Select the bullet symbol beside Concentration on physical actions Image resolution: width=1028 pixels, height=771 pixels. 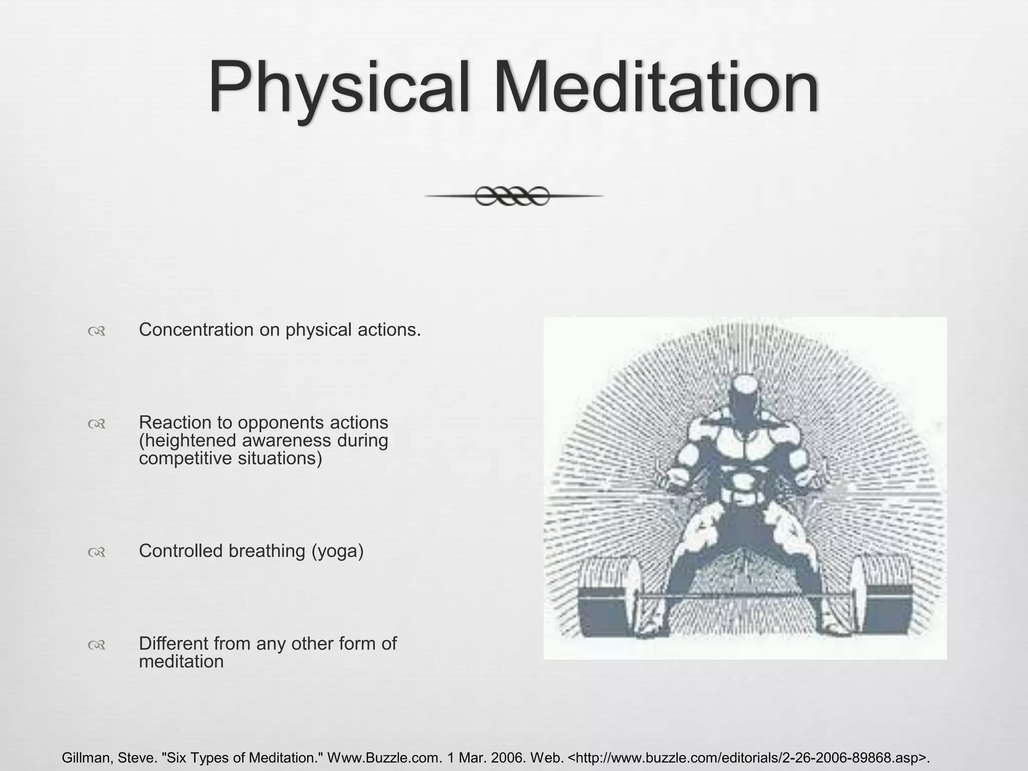coord(96,331)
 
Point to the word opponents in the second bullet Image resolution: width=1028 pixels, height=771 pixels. coord(281,423)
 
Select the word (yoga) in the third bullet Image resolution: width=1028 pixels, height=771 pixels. coord(337,551)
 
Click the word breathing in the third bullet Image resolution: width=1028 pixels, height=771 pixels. coord(267,551)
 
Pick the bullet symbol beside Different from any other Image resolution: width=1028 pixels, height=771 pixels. coord(96,645)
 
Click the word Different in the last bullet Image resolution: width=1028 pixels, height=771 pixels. coord(173,644)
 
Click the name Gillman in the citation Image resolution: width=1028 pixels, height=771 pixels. coord(86,758)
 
